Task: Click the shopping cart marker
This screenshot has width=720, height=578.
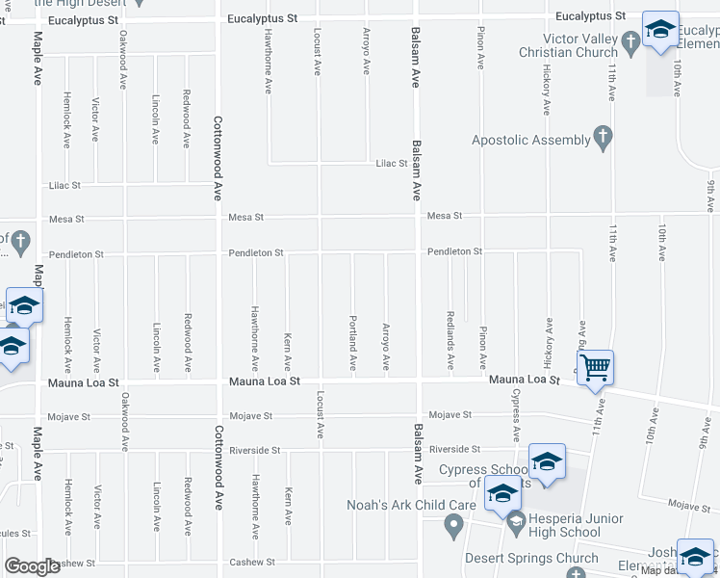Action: click(596, 367)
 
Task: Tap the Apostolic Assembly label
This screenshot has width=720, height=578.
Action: click(530, 141)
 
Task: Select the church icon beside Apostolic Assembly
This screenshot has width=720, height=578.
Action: click(603, 138)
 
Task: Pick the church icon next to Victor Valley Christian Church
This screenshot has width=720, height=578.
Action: click(630, 41)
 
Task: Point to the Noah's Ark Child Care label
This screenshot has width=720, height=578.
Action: click(411, 505)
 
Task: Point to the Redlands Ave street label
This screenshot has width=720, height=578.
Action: click(450, 341)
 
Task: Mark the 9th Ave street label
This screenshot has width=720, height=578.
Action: click(709, 197)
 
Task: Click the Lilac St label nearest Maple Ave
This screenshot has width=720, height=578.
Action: click(64, 185)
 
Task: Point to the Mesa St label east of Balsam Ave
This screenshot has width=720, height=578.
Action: click(445, 216)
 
